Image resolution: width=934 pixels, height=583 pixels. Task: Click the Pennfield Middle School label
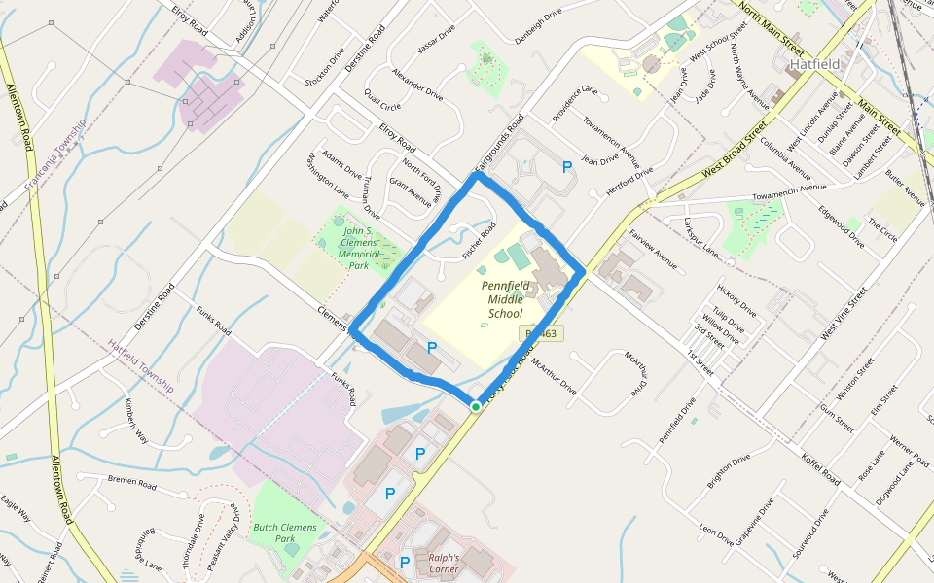coord(506,299)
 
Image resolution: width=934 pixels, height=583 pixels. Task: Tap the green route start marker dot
coord(475,406)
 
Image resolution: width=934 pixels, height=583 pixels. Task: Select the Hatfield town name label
coord(814,64)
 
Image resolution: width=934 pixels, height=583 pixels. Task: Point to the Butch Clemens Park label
coord(285,532)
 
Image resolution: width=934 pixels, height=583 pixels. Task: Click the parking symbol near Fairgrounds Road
coord(566,167)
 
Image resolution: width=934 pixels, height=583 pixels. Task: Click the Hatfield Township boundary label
coord(142,365)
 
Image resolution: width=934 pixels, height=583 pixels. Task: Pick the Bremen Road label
coord(132,482)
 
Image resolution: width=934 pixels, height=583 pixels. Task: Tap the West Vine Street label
coord(843,313)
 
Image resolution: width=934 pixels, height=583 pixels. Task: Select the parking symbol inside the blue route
coord(432,347)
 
